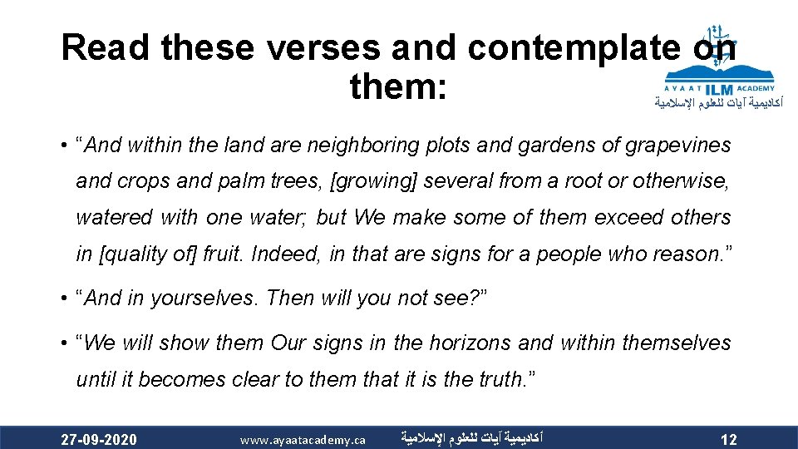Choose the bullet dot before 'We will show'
64,343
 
